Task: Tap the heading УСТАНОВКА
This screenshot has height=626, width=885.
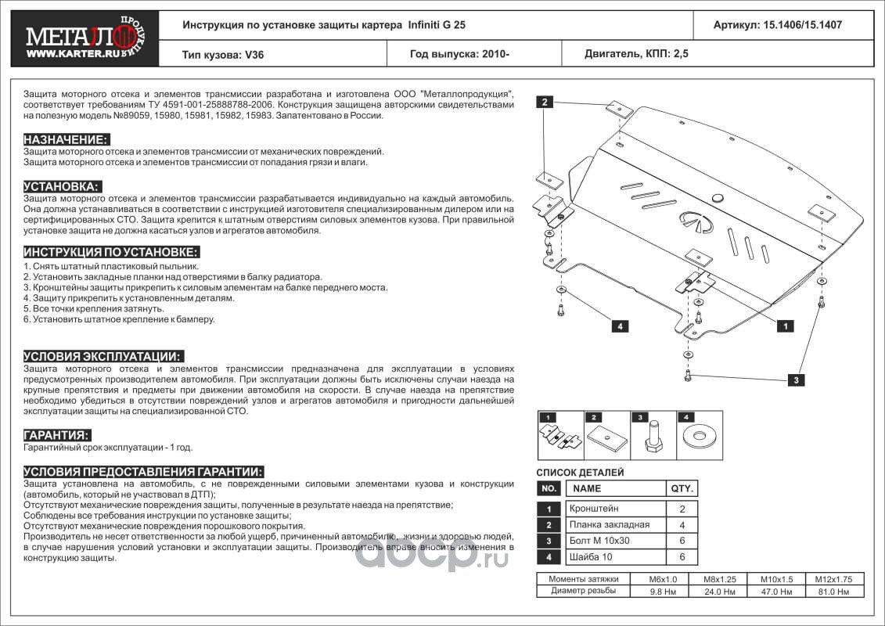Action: coord(62,186)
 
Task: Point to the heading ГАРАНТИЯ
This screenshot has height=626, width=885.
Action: coord(56,435)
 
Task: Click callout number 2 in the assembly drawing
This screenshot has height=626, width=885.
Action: coord(545,102)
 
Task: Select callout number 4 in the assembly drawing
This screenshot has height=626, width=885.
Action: coord(619,326)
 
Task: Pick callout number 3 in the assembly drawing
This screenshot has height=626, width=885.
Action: coord(795,380)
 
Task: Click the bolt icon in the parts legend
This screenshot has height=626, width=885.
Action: coord(652,436)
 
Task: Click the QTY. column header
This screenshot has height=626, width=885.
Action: coord(681,488)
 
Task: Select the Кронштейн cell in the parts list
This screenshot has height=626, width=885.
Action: coord(593,508)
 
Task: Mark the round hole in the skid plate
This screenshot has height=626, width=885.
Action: coord(717,198)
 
